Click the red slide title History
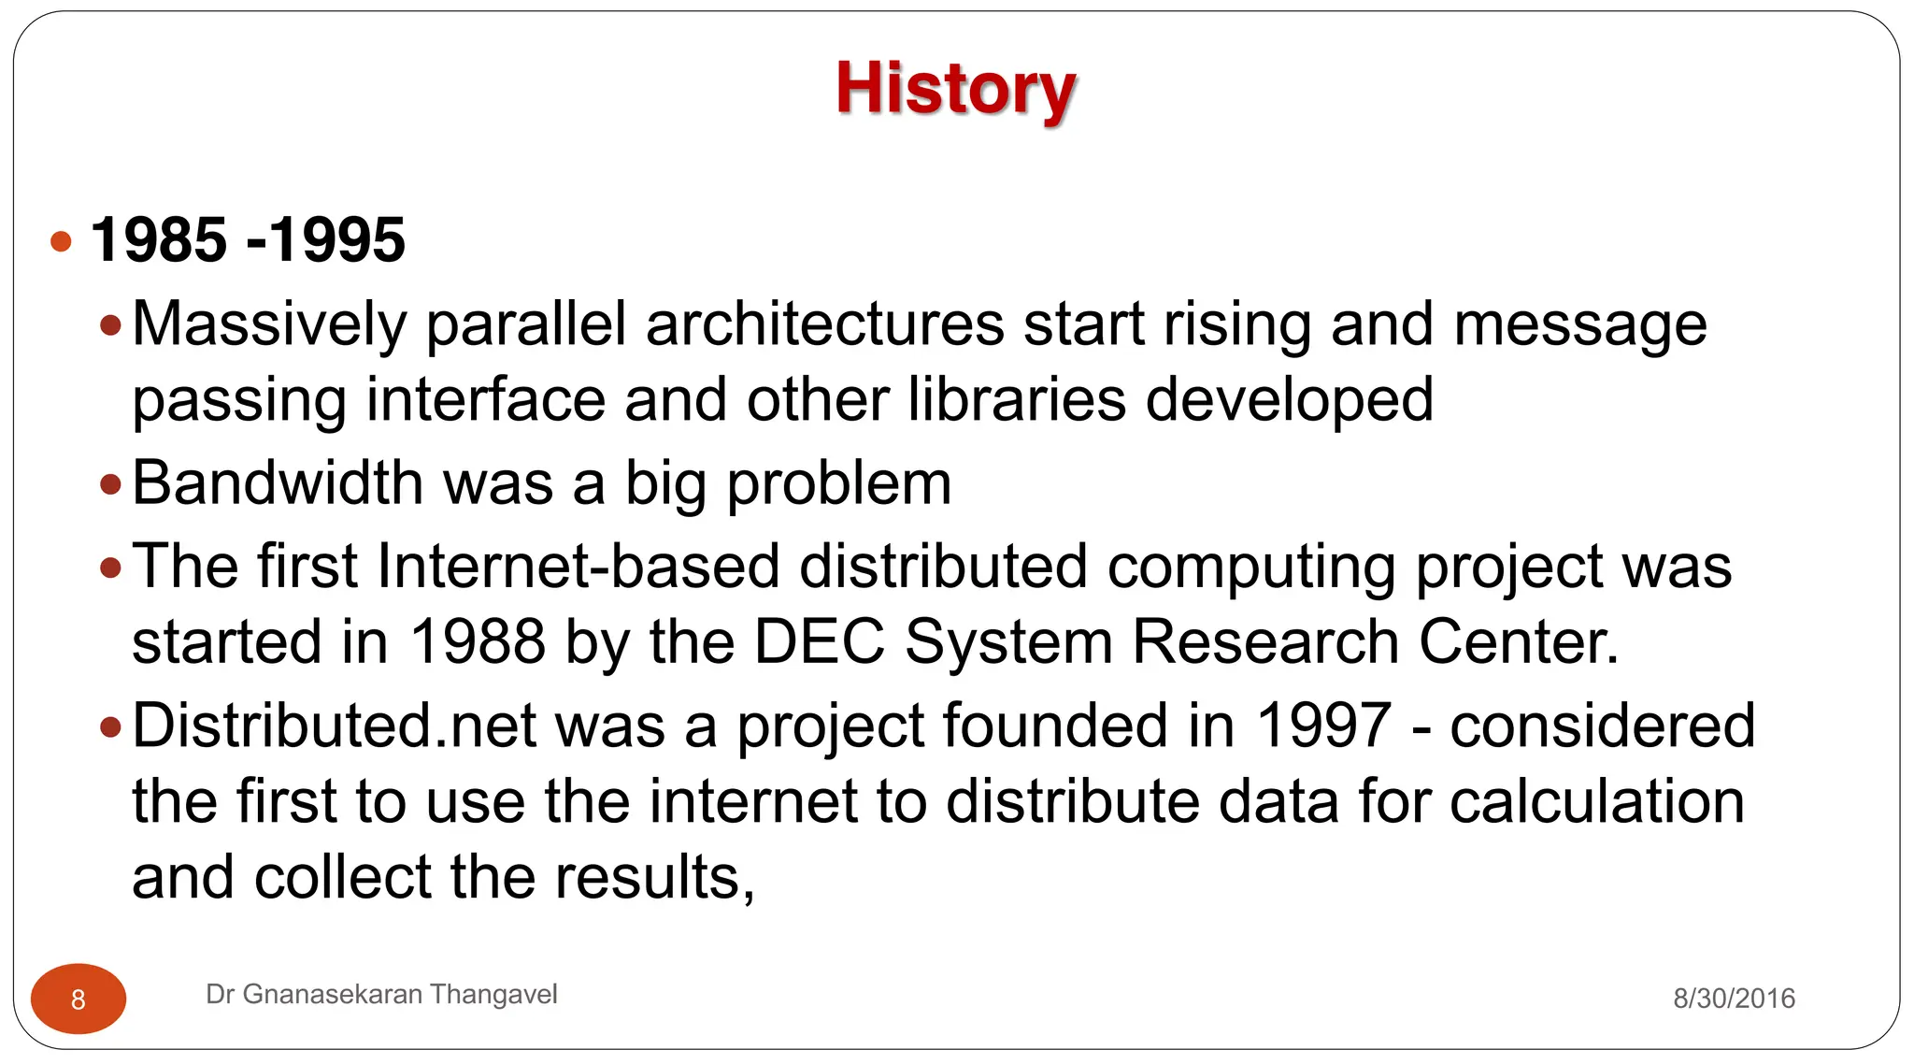pos(955,89)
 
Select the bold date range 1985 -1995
pos(248,240)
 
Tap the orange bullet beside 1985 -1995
pos(62,242)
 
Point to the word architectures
pos(824,324)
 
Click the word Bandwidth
pos(278,483)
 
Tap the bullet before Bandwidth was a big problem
pos(111,484)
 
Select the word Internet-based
pos(578,567)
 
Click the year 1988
pos(478,642)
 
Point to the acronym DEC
pos(819,642)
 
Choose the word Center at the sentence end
pos(1517,642)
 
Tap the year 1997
pos(1323,726)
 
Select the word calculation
pos(1597,802)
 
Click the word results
pos(654,878)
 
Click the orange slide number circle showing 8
pos(79,999)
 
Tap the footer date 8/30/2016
pos(1734,999)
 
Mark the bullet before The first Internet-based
pos(111,568)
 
